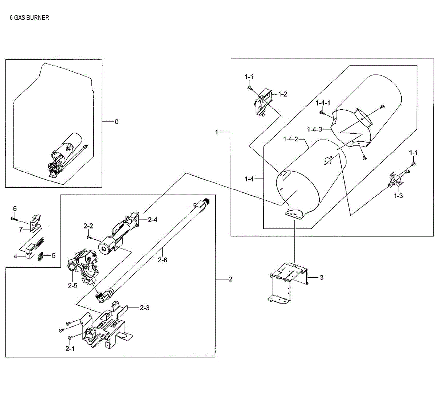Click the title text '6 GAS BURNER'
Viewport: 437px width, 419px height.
(29, 17)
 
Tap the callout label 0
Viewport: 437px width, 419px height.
(117, 122)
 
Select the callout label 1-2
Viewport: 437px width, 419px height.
(283, 94)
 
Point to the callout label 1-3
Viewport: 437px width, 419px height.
(398, 196)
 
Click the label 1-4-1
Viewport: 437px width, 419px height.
(323, 103)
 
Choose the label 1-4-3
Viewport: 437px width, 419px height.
(315, 129)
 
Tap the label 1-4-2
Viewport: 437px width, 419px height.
(291, 139)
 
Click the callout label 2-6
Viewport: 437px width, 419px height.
(162, 260)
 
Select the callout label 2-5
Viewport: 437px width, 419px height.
(72, 285)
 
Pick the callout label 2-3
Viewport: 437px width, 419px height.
(145, 308)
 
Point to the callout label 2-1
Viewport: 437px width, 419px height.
(70, 349)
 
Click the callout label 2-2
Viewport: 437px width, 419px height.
(88, 226)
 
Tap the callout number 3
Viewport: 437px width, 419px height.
(322, 278)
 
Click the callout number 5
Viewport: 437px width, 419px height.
(54, 256)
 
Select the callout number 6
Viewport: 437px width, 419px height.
(15, 209)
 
